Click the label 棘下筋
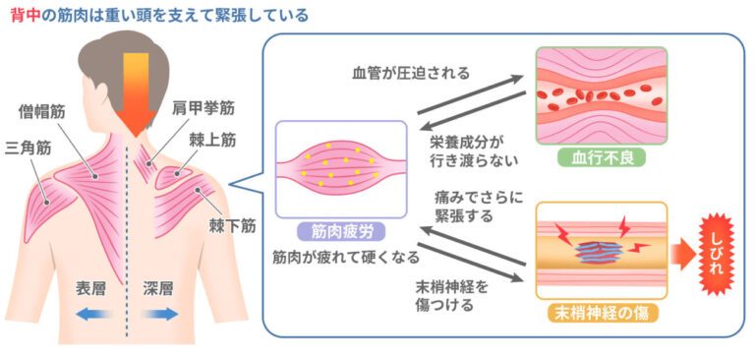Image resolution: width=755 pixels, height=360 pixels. click(x=232, y=225)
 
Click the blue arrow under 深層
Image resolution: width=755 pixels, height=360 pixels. click(x=158, y=315)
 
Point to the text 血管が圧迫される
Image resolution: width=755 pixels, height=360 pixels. click(x=411, y=73)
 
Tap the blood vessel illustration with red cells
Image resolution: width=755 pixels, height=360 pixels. click(x=601, y=95)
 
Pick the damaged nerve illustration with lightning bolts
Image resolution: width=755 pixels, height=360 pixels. click(x=600, y=251)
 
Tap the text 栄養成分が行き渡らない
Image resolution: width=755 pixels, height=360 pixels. click(x=473, y=149)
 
